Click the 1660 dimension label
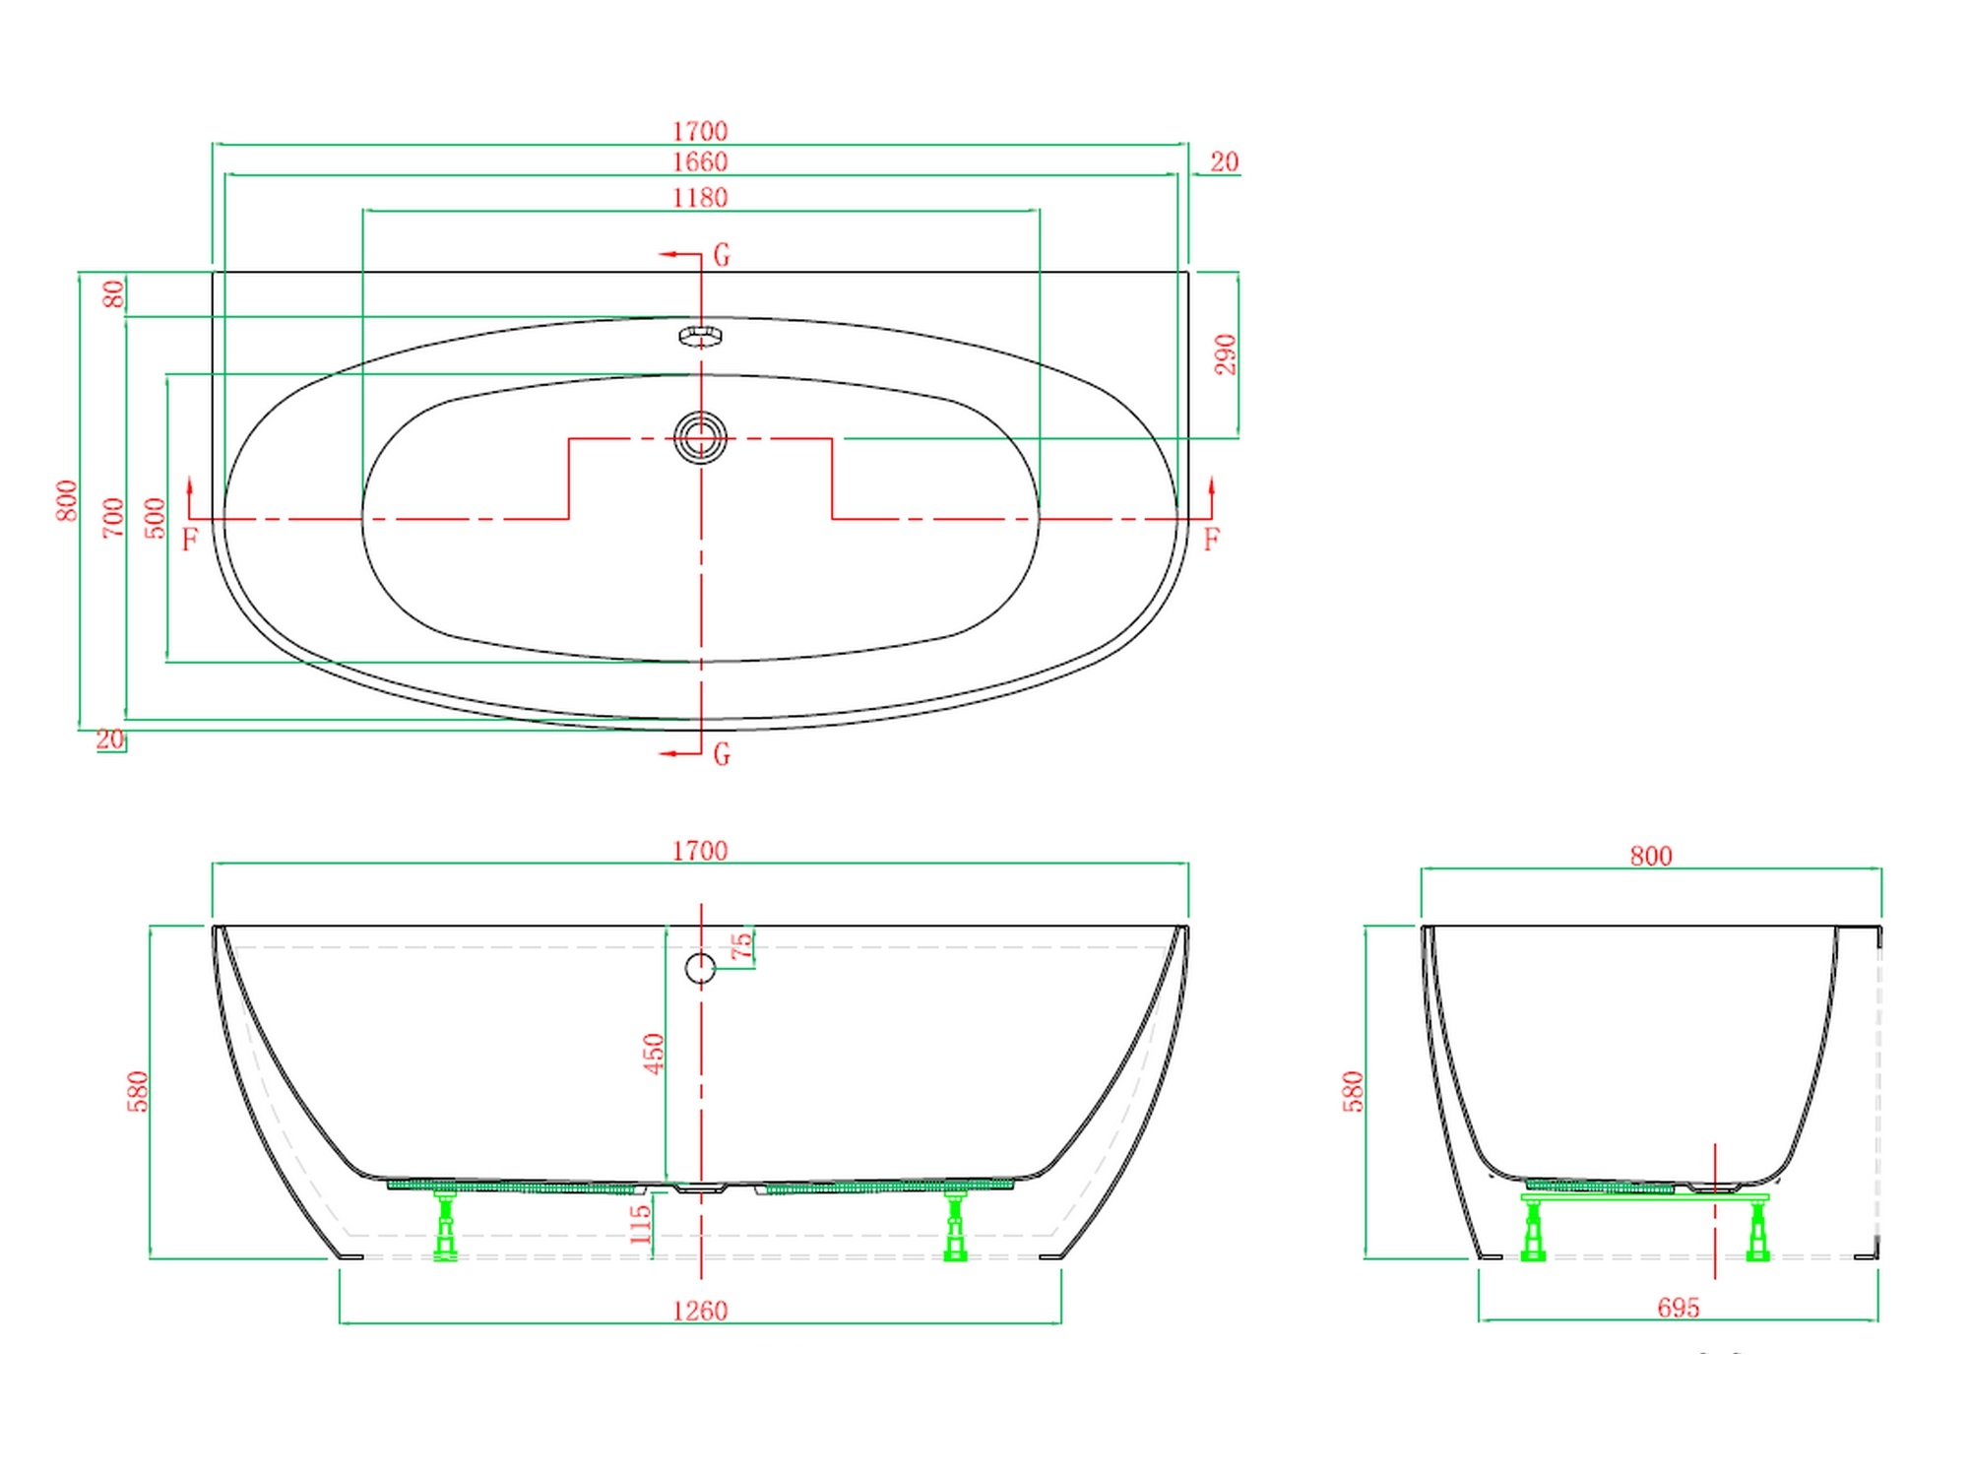[x=700, y=161]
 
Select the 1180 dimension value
[x=700, y=198]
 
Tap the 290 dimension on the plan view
[x=1225, y=354]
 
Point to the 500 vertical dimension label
[x=156, y=518]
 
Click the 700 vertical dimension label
[x=114, y=518]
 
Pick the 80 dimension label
[x=114, y=293]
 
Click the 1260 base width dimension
[x=700, y=1311]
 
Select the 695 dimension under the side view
[x=1679, y=1308]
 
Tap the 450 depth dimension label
[x=653, y=1054]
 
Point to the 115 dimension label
[x=640, y=1224]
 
